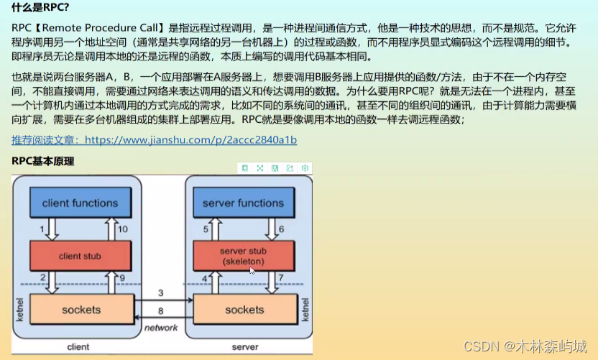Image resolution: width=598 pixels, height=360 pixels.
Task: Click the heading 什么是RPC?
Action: click(x=41, y=9)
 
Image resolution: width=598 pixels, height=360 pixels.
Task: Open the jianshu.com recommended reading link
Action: click(x=155, y=140)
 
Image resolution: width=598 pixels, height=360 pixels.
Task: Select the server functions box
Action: click(x=243, y=203)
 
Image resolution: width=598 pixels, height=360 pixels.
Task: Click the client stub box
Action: click(x=80, y=256)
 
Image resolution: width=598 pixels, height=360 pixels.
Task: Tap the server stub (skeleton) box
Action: click(x=243, y=257)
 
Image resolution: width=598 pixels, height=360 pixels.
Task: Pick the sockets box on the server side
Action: click(x=244, y=310)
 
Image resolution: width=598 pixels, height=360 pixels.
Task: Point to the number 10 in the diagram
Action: click(x=123, y=229)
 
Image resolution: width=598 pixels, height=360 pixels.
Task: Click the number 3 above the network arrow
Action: click(x=161, y=293)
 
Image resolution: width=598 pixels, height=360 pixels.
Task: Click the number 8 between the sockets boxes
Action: click(x=161, y=311)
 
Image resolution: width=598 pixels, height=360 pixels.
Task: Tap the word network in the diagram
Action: click(x=161, y=328)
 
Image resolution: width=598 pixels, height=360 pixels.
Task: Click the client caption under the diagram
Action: click(x=78, y=347)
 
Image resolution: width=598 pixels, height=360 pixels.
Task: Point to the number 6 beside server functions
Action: click(x=280, y=229)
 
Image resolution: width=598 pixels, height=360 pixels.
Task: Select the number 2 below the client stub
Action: click(x=43, y=278)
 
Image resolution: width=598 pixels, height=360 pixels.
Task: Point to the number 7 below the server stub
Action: click(x=280, y=278)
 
